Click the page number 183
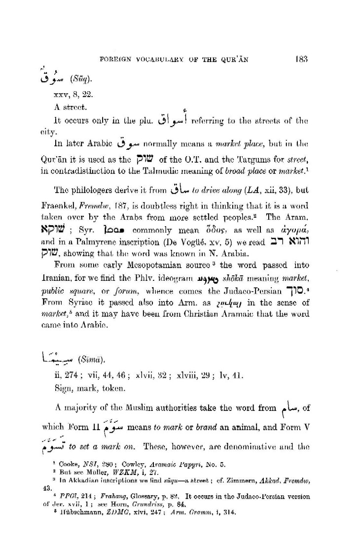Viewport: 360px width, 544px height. (x=302, y=59)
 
